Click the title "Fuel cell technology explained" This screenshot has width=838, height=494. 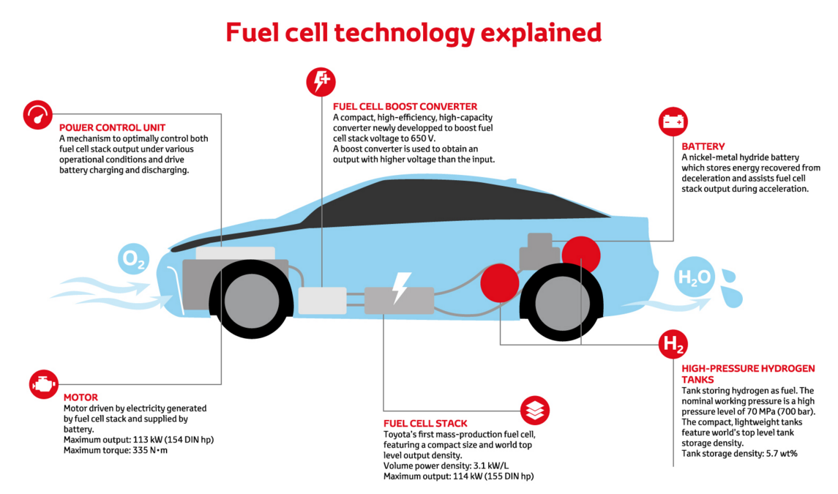click(x=414, y=33)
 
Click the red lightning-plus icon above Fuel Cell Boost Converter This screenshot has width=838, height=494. click(x=321, y=81)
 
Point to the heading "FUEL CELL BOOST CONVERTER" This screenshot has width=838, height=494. click(x=405, y=106)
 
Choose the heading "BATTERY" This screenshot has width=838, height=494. click(x=703, y=146)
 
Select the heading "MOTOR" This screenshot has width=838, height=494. click(x=81, y=397)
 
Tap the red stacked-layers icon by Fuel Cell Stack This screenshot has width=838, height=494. click(x=535, y=411)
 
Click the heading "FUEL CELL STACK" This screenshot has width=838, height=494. click(x=425, y=423)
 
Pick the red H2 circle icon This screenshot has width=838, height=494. click(x=673, y=344)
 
